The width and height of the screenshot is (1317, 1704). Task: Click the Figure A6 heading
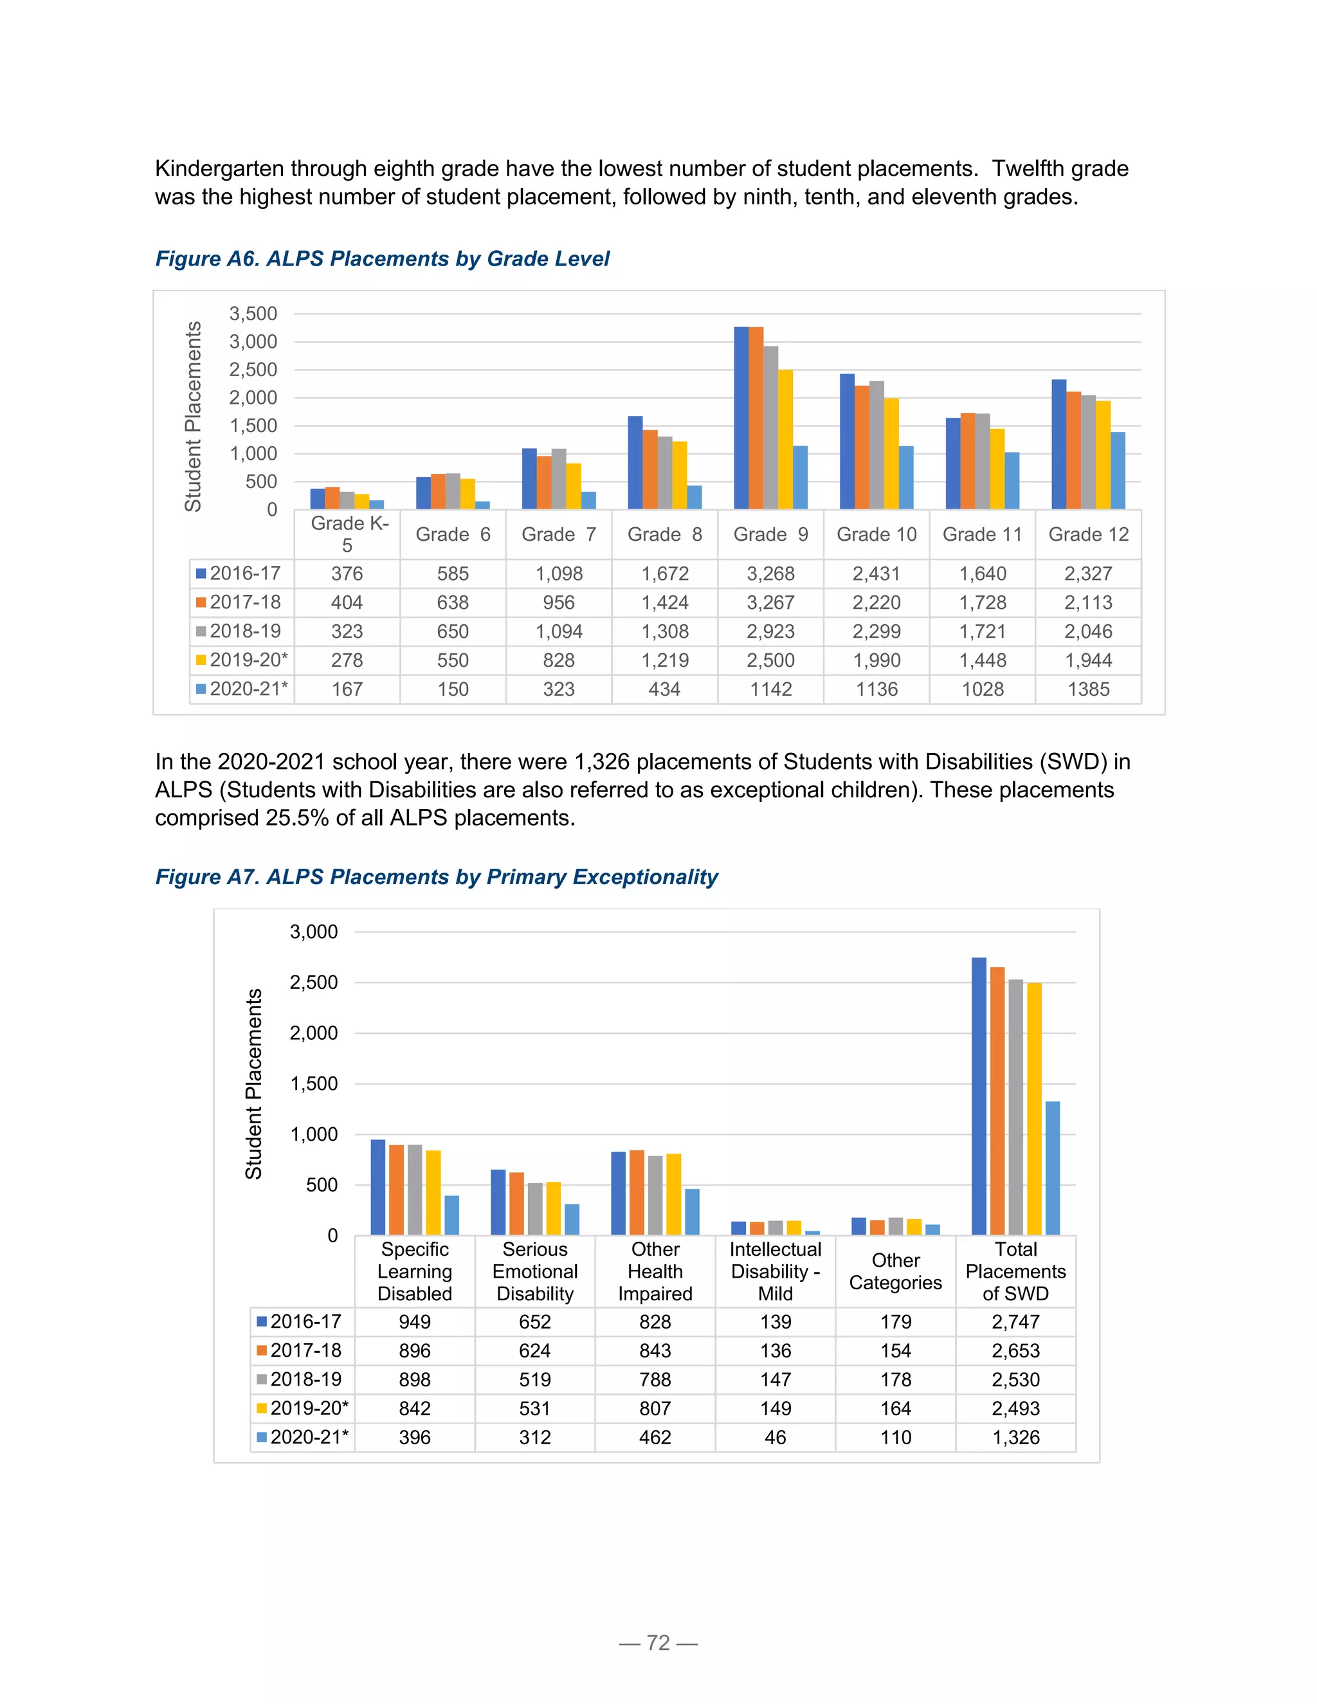(x=383, y=259)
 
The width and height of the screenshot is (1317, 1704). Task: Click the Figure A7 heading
(x=436, y=877)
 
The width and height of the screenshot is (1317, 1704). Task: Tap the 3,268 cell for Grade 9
(x=771, y=574)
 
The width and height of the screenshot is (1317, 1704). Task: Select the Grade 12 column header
(x=1089, y=534)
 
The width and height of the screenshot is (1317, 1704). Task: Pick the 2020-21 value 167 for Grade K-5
(x=347, y=689)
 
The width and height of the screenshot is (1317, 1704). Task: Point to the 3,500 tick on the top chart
(x=253, y=314)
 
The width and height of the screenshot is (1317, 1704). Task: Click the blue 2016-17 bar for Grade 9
(x=741, y=418)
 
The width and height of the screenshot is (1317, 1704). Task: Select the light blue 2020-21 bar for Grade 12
(x=1118, y=471)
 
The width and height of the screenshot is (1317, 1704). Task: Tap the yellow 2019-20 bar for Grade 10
(x=891, y=454)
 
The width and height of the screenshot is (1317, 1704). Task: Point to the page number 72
(x=658, y=1643)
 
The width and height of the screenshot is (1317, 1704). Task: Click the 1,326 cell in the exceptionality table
(x=1016, y=1437)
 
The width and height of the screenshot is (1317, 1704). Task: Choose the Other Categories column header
(x=896, y=1272)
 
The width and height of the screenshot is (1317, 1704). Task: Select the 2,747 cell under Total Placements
(x=1016, y=1321)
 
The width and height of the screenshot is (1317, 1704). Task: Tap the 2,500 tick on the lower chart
(x=314, y=983)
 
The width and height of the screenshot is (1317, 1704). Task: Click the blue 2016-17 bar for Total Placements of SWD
(x=979, y=1096)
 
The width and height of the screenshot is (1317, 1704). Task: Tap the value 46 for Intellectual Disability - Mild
(x=776, y=1437)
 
